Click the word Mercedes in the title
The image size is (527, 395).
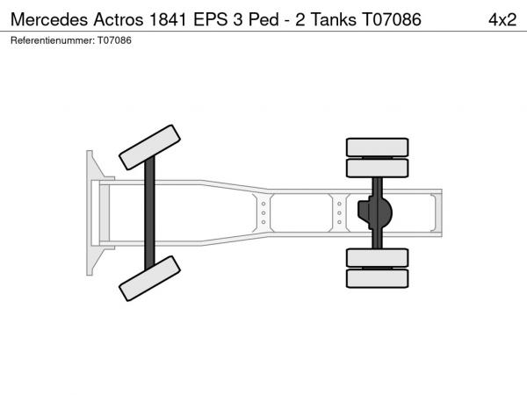click(49, 19)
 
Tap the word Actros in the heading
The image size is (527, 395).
click(119, 19)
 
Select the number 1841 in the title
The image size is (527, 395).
click(168, 19)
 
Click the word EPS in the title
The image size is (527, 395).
click(211, 19)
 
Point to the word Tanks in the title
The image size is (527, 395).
click(334, 19)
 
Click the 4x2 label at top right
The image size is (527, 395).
click(502, 20)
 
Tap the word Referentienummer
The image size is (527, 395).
click(53, 40)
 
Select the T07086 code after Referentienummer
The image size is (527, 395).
click(114, 40)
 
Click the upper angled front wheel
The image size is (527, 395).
click(149, 147)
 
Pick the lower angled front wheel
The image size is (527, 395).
click(149, 278)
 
